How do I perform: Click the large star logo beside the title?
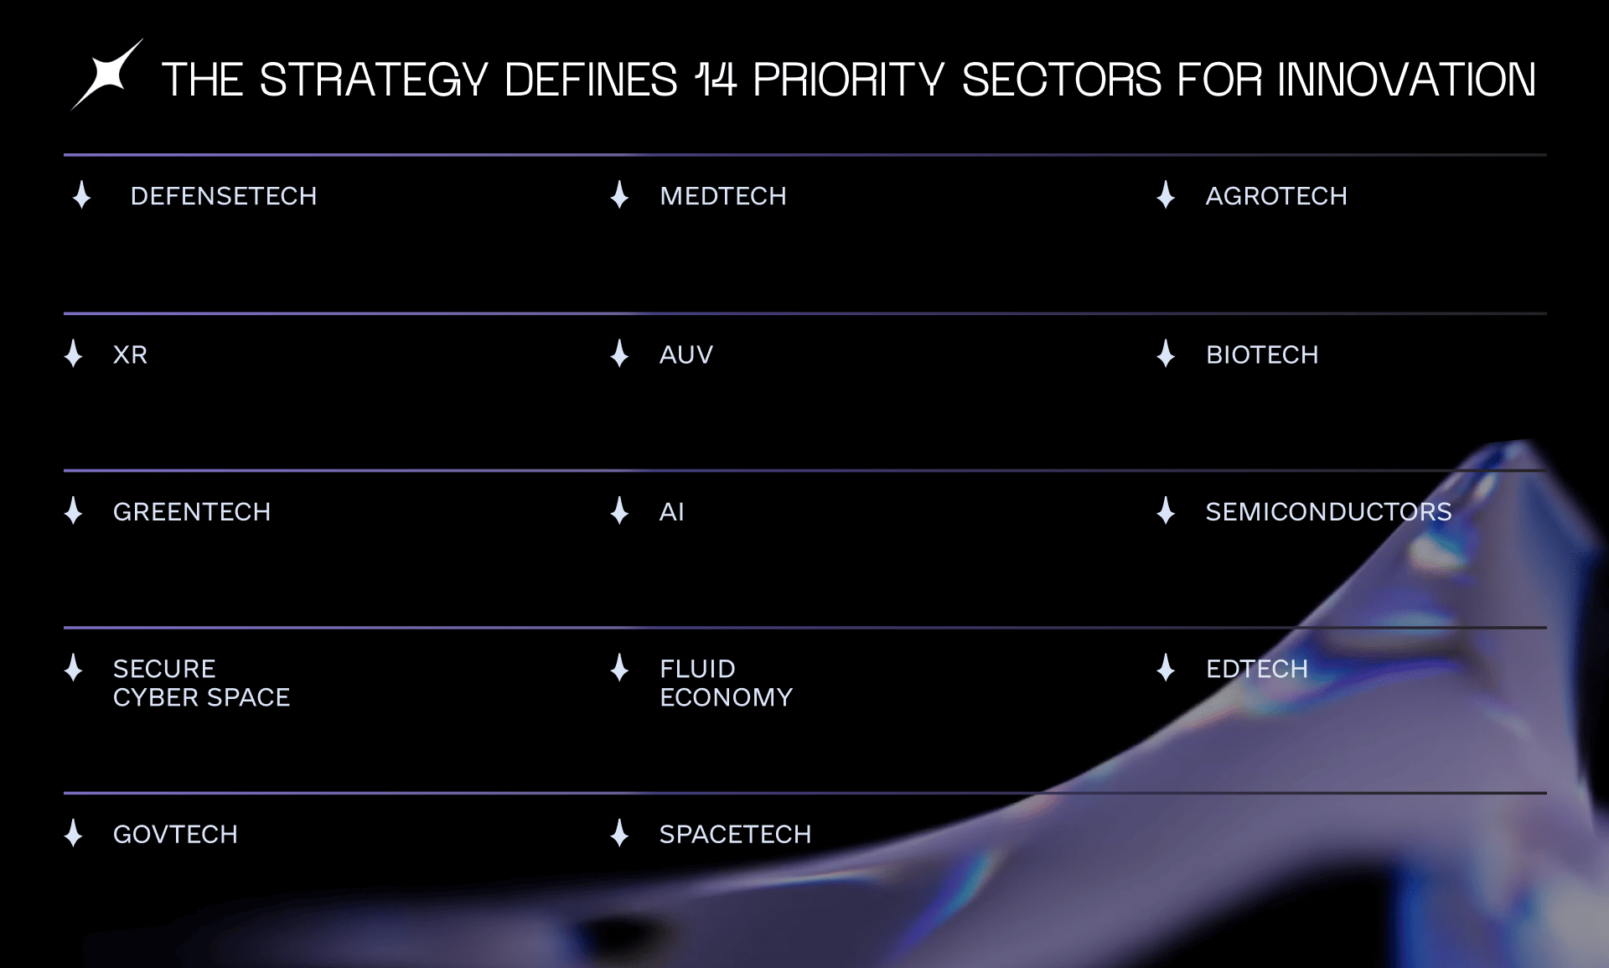(x=107, y=75)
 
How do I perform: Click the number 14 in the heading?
(x=716, y=80)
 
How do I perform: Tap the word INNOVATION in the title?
(x=1406, y=80)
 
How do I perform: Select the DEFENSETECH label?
(x=224, y=196)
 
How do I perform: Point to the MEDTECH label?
(x=723, y=196)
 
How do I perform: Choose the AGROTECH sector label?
(x=1276, y=196)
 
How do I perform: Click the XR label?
(x=131, y=355)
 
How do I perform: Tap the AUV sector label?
(x=686, y=355)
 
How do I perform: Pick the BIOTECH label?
(x=1262, y=355)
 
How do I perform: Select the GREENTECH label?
(x=192, y=511)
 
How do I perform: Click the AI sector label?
(x=672, y=511)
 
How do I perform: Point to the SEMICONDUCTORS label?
(x=1328, y=511)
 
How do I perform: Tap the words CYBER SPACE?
(x=201, y=697)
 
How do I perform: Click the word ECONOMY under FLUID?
(x=726, y=697)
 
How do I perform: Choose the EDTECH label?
(x=1257, y=669)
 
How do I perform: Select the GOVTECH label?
(x=175, y=834)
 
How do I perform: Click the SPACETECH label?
(x=735, y=834)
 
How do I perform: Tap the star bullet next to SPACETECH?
(x=619, y=833)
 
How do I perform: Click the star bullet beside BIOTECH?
(x=1166, y=354)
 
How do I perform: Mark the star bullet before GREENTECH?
(x=74, y=510)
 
